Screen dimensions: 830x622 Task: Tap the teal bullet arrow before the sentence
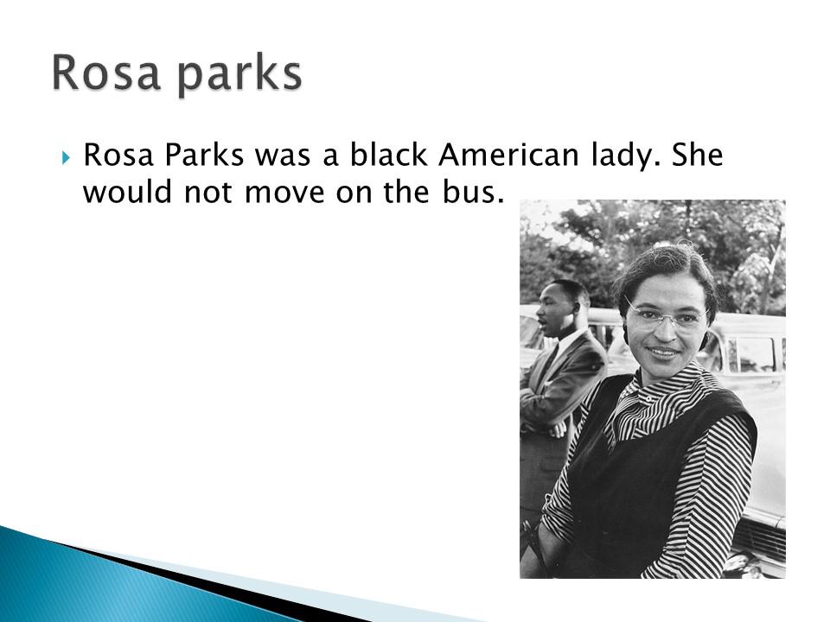point(65,157)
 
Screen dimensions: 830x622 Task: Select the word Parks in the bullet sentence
point(204,155)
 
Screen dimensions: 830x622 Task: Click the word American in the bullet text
point(508,155)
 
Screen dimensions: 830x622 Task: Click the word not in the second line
point(207,193)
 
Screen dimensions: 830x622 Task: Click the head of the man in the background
point(561,307)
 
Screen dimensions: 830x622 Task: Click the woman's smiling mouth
point(664,351)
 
